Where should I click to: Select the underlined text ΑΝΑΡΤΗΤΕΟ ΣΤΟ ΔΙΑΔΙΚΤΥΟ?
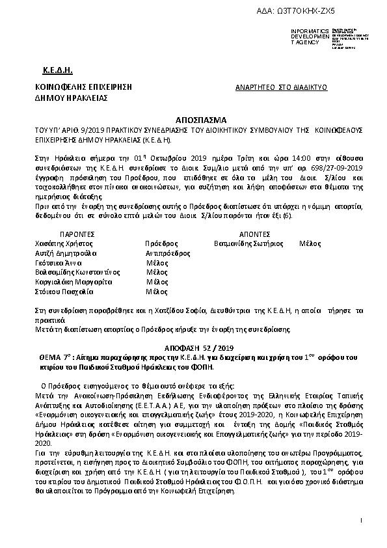point(281,87)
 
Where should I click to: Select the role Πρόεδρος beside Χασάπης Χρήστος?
point(158,242)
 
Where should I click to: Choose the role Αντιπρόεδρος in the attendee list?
point(163,253)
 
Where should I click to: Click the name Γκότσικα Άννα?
point(57,262)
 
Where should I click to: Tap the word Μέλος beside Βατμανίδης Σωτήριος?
point(310,242)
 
